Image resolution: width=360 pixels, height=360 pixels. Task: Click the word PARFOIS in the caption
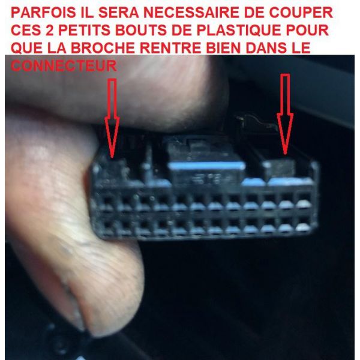(x=43, y=13)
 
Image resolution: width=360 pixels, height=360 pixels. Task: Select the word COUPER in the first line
(x=301, y=13)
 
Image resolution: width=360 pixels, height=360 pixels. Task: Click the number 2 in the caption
(x=49, y=31)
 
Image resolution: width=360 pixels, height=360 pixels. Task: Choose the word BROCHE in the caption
(x=102, y=48)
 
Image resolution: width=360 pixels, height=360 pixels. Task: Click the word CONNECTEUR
(x=64, y=66)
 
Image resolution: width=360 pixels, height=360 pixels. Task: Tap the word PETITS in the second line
(x=84, y=31)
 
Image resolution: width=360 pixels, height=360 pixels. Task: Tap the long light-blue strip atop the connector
(x=206, y=166)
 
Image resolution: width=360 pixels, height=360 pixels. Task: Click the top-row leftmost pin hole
(x=108, y=200)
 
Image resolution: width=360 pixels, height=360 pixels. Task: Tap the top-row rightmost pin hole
(x=304, y=197)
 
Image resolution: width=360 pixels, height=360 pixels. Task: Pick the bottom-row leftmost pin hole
(x=108, y=225)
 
